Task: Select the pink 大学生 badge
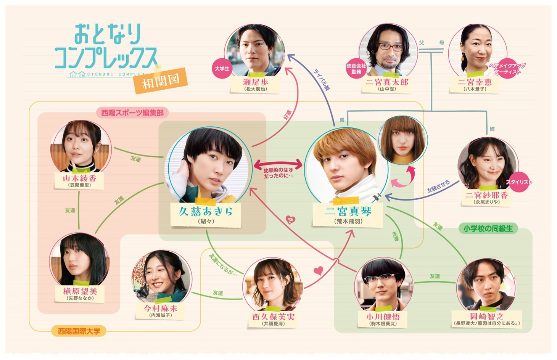(222, 69)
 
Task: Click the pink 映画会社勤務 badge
(356, 69)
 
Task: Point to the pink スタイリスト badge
(518, 182)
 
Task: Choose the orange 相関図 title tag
(161, 81)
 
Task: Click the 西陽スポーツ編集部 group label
(132, 113)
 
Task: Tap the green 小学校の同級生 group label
(488, 228)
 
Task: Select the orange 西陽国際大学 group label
(79, 331)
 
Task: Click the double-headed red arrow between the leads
(278, 165)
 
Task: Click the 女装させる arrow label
(438, 186)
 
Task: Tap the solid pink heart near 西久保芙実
(318, 271)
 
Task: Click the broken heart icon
(291, 220)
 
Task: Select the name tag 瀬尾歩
(255, 84)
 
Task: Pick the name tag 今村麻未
(161, 310)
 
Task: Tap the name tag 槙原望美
(80, 293)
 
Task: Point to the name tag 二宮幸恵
(475, 84)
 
